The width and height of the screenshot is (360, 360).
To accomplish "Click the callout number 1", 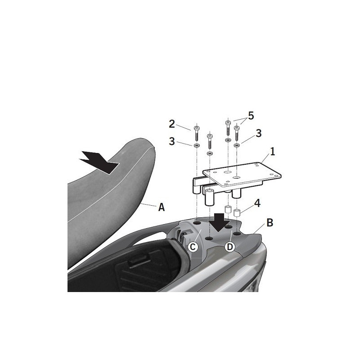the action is (272, 152).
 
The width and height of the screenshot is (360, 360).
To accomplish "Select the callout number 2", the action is (172, 124).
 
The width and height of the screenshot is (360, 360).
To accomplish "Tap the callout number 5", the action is (251, 116).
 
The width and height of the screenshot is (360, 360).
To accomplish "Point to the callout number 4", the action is (257, 203).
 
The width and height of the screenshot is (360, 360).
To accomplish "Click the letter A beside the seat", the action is (162, 207).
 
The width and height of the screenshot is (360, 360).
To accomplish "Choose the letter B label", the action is (270, 222).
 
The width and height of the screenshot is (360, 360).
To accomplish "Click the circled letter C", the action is (193, 247).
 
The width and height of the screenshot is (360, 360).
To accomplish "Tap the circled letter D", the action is (230, 247).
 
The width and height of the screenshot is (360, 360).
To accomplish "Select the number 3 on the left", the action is (172, 141).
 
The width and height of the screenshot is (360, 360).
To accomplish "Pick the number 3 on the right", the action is (258, 133).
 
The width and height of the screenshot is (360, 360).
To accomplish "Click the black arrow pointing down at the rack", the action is (219, 222).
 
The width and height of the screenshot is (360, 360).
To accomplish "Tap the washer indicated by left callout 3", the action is (197, 145).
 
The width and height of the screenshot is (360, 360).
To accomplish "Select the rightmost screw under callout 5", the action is (236, 133).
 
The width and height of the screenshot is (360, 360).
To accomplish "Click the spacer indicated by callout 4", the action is (237, 212).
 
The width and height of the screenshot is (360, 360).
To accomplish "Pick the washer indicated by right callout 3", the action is (236, 145).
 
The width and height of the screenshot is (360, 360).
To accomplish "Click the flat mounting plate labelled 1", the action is (242, 174).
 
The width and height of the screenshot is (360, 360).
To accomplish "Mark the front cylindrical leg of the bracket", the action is (210, 198).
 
